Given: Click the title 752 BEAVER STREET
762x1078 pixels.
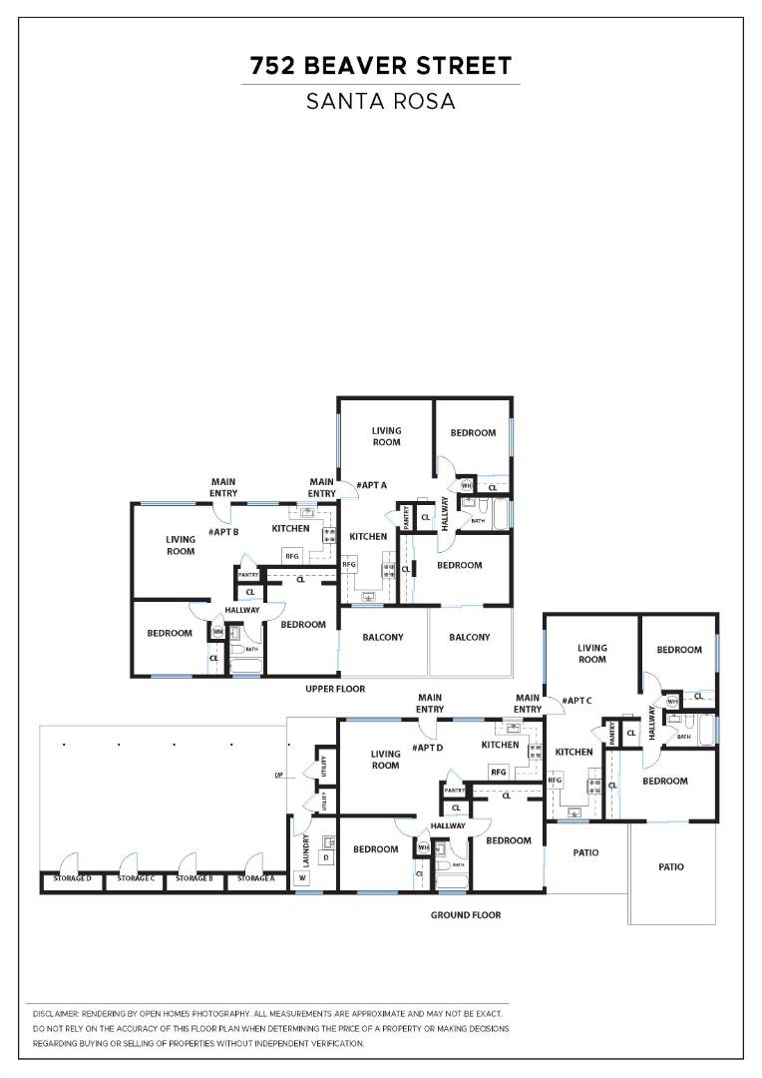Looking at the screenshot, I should (380, 66).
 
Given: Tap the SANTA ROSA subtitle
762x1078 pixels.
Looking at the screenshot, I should (380, 101).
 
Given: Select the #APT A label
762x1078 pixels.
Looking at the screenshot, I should (373, 485).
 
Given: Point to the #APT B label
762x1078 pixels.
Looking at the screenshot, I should (223, 532).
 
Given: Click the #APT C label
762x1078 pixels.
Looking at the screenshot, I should (576, 701).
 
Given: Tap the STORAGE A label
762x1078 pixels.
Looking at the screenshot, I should (256, 878).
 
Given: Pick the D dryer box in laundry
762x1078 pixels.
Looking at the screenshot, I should (325, 856).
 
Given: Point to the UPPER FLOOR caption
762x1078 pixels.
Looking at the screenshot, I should (335, 689).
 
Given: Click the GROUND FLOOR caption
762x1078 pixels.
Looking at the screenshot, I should (466, 914).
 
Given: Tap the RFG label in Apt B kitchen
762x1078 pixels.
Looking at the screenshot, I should (292, 556).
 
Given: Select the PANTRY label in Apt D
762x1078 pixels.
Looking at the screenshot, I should (455, 791).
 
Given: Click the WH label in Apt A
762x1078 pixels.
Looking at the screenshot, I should (466, 486).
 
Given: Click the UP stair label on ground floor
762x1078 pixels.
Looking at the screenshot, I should (280, 776).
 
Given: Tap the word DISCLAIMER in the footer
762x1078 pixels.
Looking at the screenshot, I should (55, 1013).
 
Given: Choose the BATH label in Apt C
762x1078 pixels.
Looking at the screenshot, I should (684, 737).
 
